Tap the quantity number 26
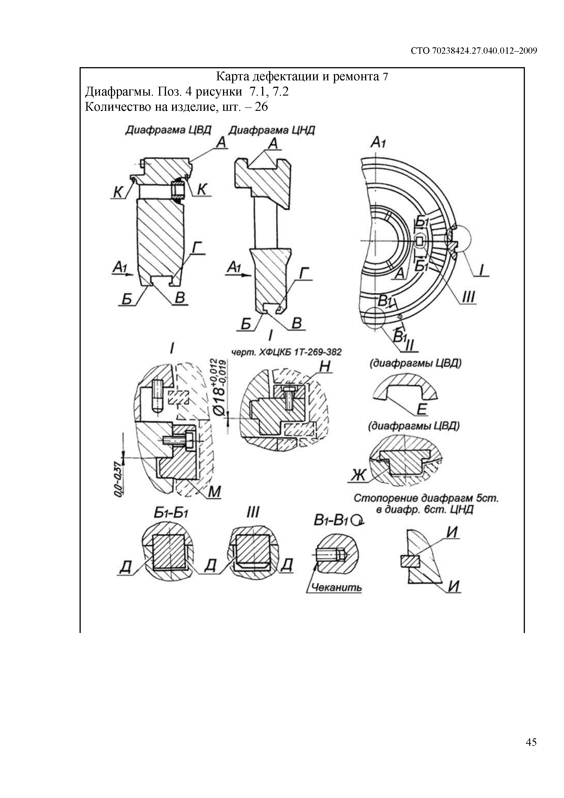[261, 106]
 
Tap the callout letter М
[215, 492]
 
